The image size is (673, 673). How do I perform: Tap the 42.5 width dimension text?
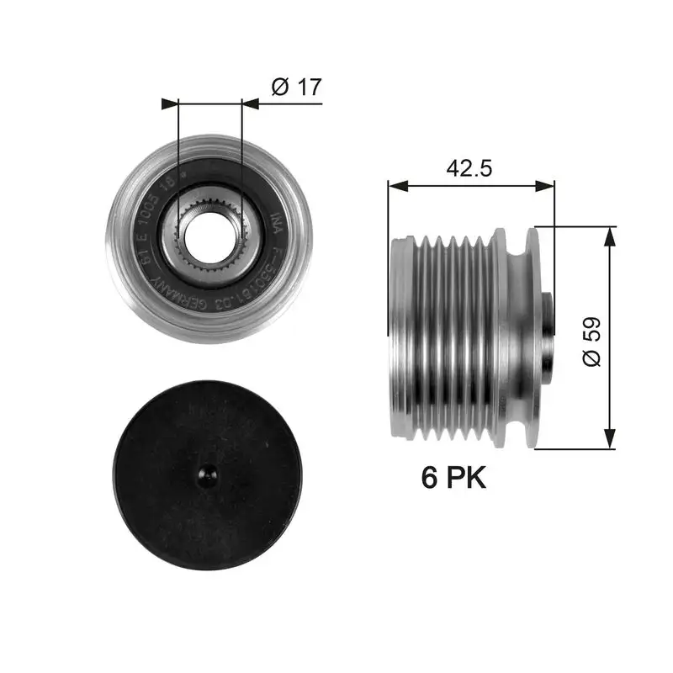tap(469, 167)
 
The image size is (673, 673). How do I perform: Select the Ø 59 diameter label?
tap(591, 340)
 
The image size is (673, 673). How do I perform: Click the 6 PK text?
tap(453, 478)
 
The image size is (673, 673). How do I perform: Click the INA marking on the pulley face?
tap(275, 224)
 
